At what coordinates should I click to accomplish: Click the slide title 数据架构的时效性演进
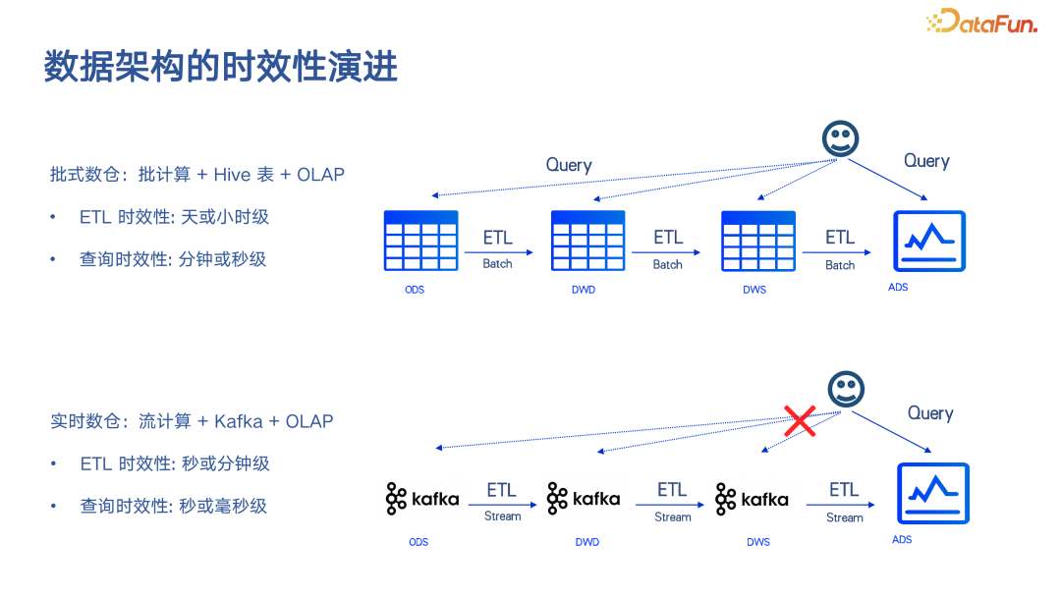[221, 66]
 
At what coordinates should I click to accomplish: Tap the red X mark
[799, 420]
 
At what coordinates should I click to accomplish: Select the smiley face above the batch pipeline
[840, 138]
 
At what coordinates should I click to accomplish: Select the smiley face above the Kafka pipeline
[846, 389]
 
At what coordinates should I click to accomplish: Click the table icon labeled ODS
[420, 241]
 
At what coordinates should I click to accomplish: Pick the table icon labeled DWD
[588, 241]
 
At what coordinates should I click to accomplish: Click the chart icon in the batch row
[929, 242]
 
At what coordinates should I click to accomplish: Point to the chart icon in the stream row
[933, 494]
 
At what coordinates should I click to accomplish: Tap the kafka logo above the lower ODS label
[422, 499]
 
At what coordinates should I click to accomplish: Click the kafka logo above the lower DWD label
[584, 499]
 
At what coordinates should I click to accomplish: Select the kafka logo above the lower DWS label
[752, 500]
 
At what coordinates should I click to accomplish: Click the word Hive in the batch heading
[232, 175]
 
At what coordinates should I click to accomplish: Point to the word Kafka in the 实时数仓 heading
[238, 421]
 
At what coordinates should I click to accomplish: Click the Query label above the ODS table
[569, 165]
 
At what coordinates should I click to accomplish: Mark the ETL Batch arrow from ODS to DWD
[499, 252]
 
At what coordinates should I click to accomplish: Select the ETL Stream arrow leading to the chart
[840, 505]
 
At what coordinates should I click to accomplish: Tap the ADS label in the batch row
[898, 288]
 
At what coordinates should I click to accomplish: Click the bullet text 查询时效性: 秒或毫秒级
[173, 506]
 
